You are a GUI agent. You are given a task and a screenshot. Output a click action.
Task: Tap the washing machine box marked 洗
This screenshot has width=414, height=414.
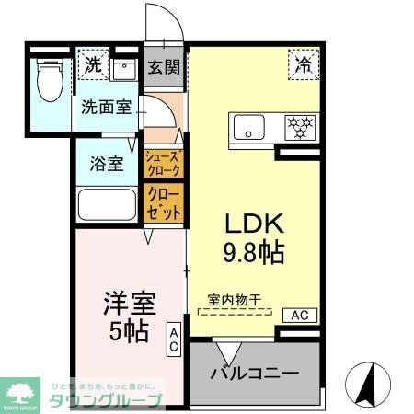click(93, 65)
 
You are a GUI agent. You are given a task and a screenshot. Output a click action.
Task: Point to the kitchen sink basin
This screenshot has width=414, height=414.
click(247, 127)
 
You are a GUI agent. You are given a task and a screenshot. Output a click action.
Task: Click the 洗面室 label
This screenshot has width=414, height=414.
click(106, 106)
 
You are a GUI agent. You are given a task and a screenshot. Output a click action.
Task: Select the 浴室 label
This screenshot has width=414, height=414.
click(106, 164)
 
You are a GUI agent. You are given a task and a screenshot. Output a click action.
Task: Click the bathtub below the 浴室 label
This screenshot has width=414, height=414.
click(108, 203)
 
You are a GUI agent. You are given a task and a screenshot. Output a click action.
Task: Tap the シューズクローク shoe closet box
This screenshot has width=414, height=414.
click(164, 164)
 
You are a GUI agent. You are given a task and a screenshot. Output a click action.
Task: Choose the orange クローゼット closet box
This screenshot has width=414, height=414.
click(164, 202)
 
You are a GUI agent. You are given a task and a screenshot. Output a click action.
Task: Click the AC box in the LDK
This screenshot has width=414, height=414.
click(300, 316)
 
